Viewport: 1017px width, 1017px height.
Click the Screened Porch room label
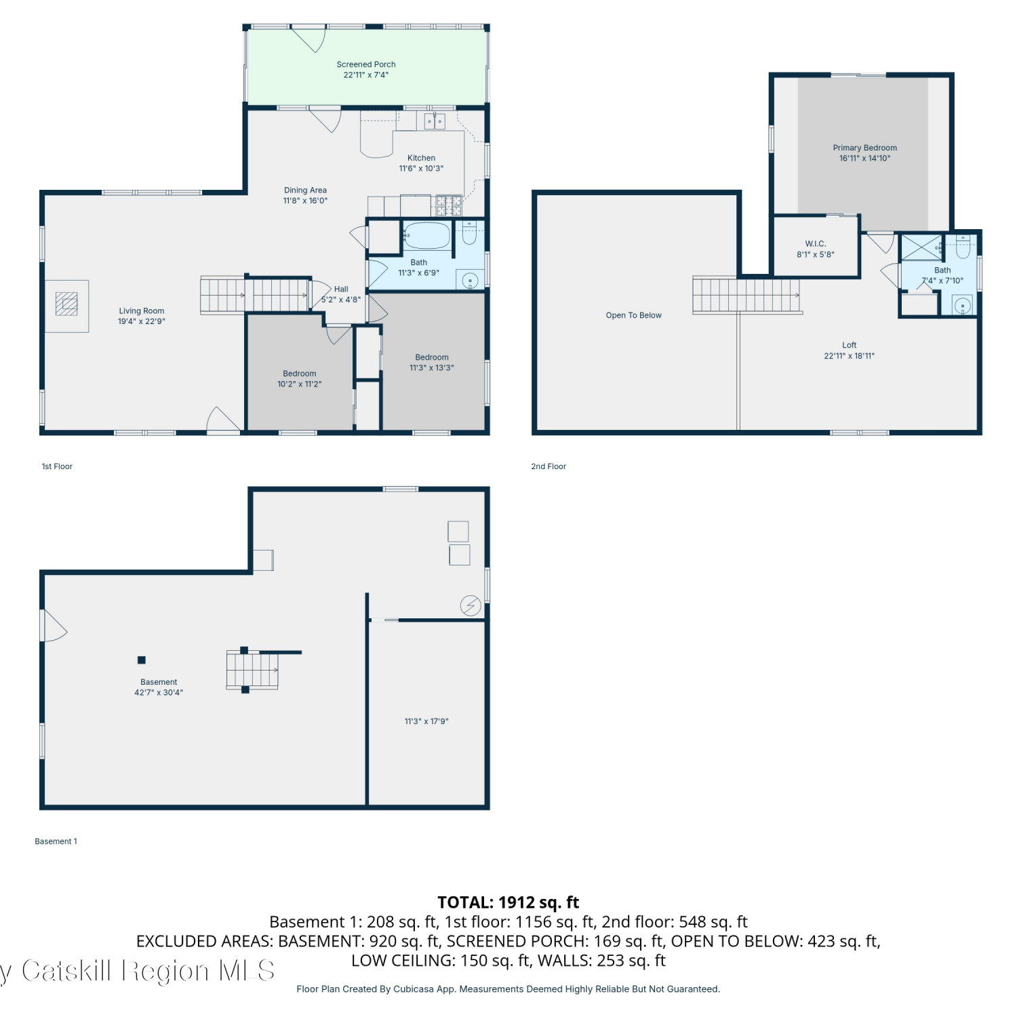click(x=366, y=64)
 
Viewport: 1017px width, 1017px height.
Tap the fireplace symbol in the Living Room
click(x=66, y=304)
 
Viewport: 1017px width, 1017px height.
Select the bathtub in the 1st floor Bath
click(x=427, y=236)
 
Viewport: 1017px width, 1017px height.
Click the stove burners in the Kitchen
click(x=448, y=205)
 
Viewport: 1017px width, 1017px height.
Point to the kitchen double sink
click(x=435, y=121)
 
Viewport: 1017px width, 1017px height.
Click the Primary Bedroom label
click(x=864, y=148)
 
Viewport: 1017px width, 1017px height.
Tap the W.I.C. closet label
click(x=816, y=244)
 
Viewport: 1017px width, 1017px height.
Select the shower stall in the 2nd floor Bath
click(x=921, y=247)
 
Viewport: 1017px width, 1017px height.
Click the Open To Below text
click(x=633, y=315)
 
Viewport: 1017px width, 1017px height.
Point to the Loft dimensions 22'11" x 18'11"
click(x=849, y=356)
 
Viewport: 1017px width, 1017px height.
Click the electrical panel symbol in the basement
click(x=471, y=605)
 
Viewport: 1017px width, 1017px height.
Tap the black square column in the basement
click(x=141, y=660)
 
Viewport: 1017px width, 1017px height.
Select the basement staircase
click(x=252, y=670)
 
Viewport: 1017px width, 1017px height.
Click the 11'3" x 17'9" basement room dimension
click(x=426, y=721)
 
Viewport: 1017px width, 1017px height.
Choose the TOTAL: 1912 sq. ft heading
click(x=509, y=902)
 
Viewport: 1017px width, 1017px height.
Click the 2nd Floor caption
click(x=549, y=466)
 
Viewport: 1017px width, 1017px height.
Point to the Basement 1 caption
click(x=56, y=841)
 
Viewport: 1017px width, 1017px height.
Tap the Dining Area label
click(x=305, y=191)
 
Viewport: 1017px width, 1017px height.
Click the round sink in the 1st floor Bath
click(x=471, y=280)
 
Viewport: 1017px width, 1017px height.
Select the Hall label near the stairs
click(x=341, y=290)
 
